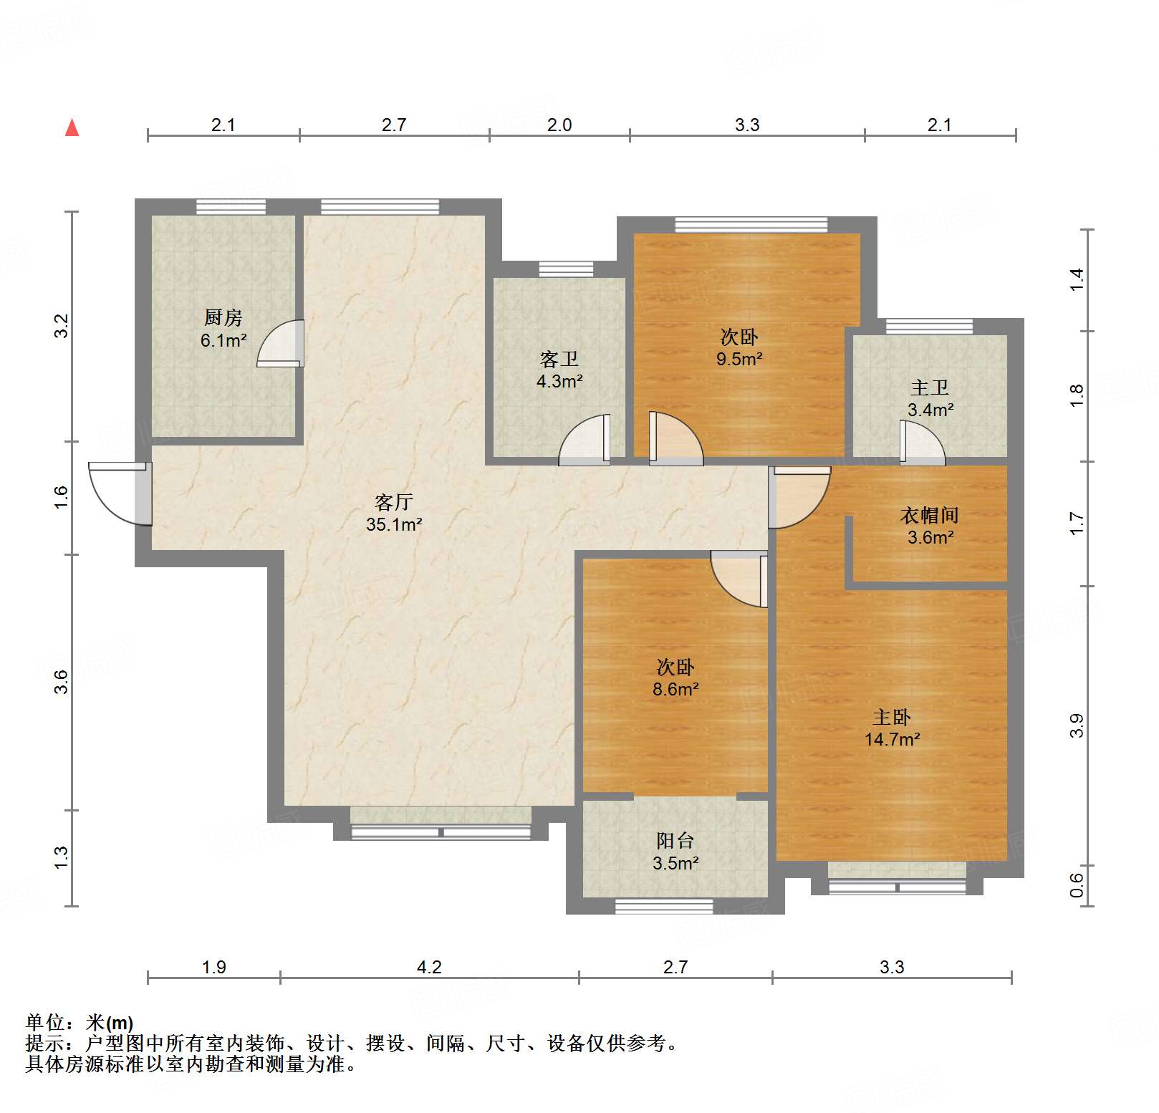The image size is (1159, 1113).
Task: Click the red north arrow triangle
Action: point(72,127)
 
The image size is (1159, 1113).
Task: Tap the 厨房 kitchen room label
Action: point(223,317)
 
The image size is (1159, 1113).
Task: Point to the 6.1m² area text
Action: point(223,340)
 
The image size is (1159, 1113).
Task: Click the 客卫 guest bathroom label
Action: point(559,358)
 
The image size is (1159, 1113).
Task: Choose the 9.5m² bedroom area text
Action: point(739,359)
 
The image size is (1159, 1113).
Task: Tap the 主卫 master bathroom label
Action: point(930,387)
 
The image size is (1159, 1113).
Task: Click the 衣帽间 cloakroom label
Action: point(930,515)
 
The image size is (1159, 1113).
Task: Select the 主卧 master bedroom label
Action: point(892,717)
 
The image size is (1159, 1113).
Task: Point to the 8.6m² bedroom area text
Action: point(675,689)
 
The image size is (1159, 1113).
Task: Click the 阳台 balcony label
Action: point(675,840)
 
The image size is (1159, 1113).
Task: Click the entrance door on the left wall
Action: point(120,493)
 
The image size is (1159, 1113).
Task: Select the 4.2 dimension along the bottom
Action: point(429,967)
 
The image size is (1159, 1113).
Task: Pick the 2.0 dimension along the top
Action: point(559,125)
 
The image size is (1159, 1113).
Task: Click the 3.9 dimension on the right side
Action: point(1077,726)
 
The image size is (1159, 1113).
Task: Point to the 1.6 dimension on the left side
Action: point(61,497)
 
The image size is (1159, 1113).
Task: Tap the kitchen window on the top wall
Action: point(231,206)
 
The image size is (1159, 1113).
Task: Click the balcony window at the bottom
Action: point(664,907)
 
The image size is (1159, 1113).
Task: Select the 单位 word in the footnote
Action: point(46,1022)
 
